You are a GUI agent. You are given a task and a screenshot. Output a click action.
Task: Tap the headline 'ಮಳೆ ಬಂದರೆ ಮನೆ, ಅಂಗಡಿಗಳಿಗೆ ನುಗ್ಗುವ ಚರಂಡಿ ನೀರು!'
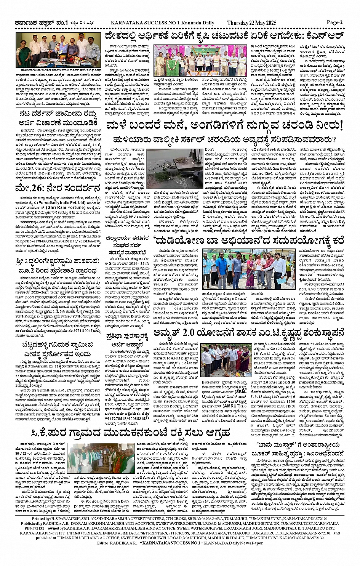(x=225, y=125)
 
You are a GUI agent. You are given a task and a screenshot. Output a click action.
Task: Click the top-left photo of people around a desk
(x=58, y=50)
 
